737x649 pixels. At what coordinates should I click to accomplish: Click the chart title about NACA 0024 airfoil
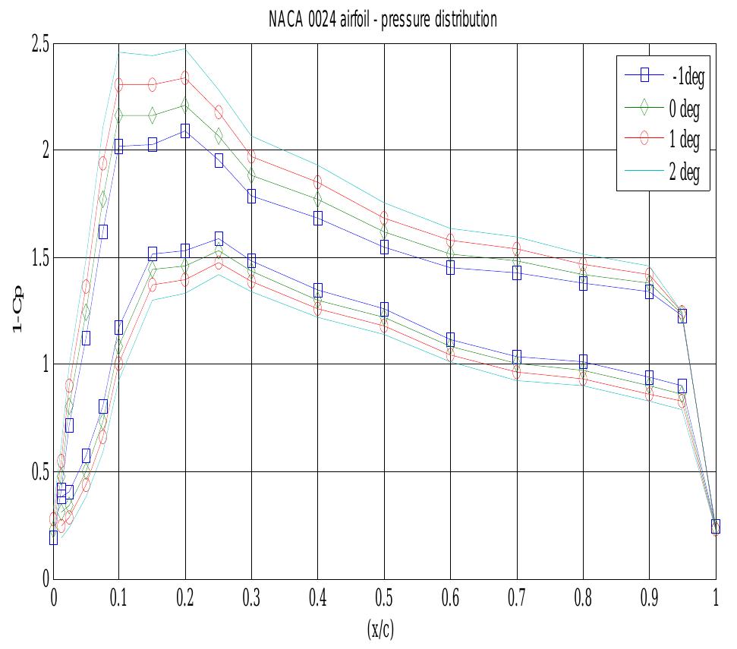(383, 19)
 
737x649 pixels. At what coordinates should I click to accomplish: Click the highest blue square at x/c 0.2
(185, 131)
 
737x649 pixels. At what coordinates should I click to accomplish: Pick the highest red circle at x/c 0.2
(185, 77)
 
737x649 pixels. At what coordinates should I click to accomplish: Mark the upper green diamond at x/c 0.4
(317, 200)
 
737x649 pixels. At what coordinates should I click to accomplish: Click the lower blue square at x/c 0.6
(451, 339)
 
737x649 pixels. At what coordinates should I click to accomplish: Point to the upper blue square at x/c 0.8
(583, 283)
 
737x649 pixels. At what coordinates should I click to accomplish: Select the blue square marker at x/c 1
(716, 526)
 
